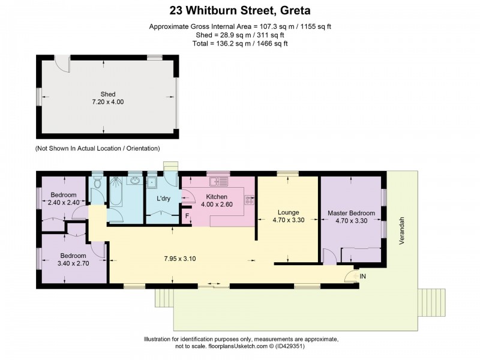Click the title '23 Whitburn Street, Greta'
pyautogui.click(x=240, y=10)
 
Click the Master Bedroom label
pyautogui.click(x=351, y=217)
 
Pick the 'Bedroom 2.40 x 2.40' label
pyautogui.click(x=63, y=199)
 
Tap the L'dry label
pyautogui.click(x=164, y=198)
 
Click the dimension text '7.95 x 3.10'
pyautogui.click(x=179, y=259)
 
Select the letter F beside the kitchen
pyautogui.click(x=187, y=216)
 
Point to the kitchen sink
pyautogui.click(x=216, y=180)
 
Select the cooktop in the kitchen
pyautogui.click(x=249, y=201)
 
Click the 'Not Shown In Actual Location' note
pyautogui.click(x=98, y=148)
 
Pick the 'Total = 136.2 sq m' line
pyautogui.click(x=240, y=44)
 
